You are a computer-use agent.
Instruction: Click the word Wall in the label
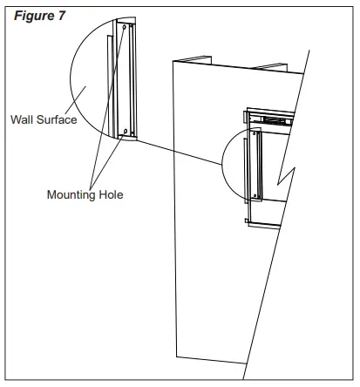22,119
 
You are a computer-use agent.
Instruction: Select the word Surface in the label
57,119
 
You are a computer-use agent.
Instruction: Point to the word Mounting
72,195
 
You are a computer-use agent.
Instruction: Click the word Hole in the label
111,195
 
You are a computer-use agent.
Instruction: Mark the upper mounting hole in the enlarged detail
125,28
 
